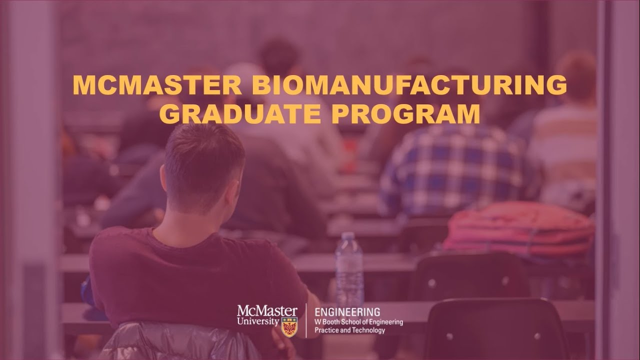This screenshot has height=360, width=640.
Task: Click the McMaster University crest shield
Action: click(289, 327)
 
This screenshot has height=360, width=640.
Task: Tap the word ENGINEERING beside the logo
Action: click(346, 312)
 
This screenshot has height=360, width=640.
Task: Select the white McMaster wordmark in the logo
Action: click(267, 311)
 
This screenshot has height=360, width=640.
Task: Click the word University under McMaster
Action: click(258, 321)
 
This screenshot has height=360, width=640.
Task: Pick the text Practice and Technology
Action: click(349, 330)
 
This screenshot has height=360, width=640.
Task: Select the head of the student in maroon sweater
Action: click(202, 165)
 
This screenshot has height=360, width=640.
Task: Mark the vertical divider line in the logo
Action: click(306, 320)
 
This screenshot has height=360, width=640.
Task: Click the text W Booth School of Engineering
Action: click(358, 322)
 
